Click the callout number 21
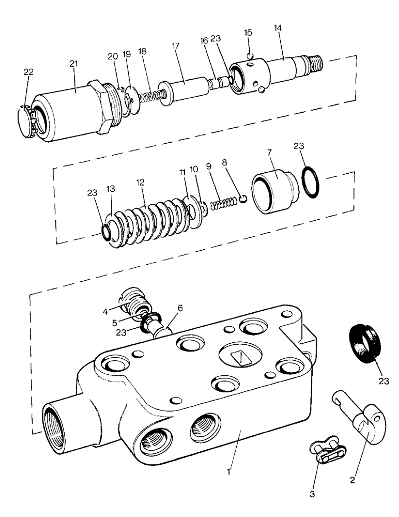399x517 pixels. click(x=73, y=64)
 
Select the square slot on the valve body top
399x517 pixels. click(x=239, y=357)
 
